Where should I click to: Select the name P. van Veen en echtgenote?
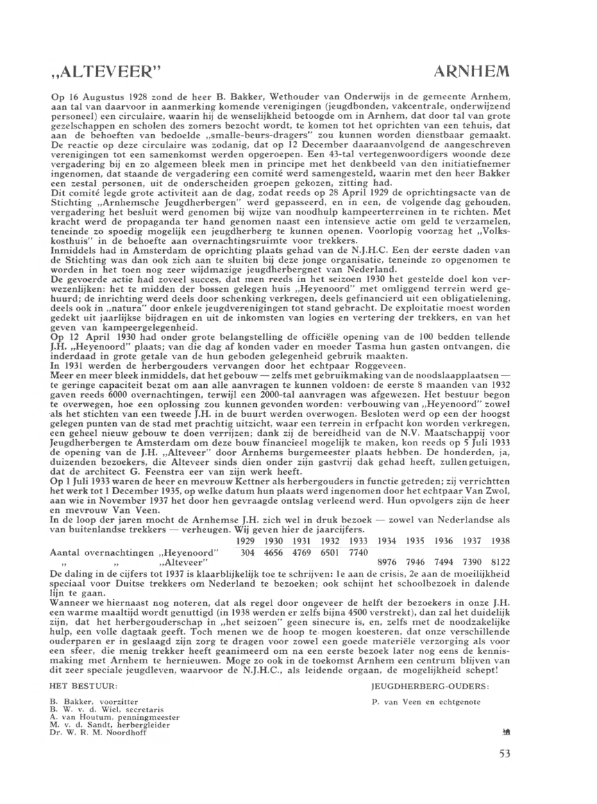(416, 702)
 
